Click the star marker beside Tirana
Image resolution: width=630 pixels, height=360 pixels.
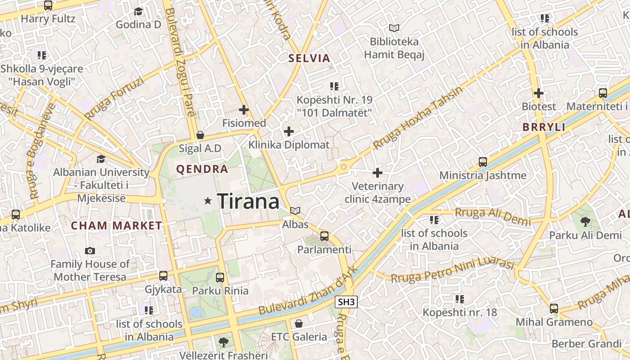point(207,201)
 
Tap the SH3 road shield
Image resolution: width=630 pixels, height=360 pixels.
point(346,302)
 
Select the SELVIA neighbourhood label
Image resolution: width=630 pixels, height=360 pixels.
point(310,58)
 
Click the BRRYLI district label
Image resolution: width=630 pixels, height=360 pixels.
point(544,127)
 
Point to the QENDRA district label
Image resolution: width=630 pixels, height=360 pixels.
point(202,170)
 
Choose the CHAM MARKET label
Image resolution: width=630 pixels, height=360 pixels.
point(117,226)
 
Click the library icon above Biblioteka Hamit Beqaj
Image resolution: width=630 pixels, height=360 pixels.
point(394,28)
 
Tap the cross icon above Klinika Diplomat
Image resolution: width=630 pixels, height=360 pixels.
point(289,131)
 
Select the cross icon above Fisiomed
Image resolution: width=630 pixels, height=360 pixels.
point(244,109)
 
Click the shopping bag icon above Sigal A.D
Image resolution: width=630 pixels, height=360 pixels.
point(200,135)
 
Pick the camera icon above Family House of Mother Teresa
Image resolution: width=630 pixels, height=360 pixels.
point(90,251)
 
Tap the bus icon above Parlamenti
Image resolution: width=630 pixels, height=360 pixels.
point(324,236)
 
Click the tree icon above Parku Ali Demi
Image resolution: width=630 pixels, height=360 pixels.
point(585,221)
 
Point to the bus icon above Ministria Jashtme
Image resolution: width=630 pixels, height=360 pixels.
point(483,162)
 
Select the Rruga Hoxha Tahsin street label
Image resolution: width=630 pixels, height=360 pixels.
point(418,118)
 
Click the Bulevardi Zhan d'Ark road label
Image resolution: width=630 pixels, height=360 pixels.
point(308,290)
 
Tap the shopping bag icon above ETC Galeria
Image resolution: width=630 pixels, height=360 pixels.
point(298,323)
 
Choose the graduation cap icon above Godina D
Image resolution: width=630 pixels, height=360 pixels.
point(138,11)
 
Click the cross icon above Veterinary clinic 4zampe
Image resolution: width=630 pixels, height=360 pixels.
point(378,172)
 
